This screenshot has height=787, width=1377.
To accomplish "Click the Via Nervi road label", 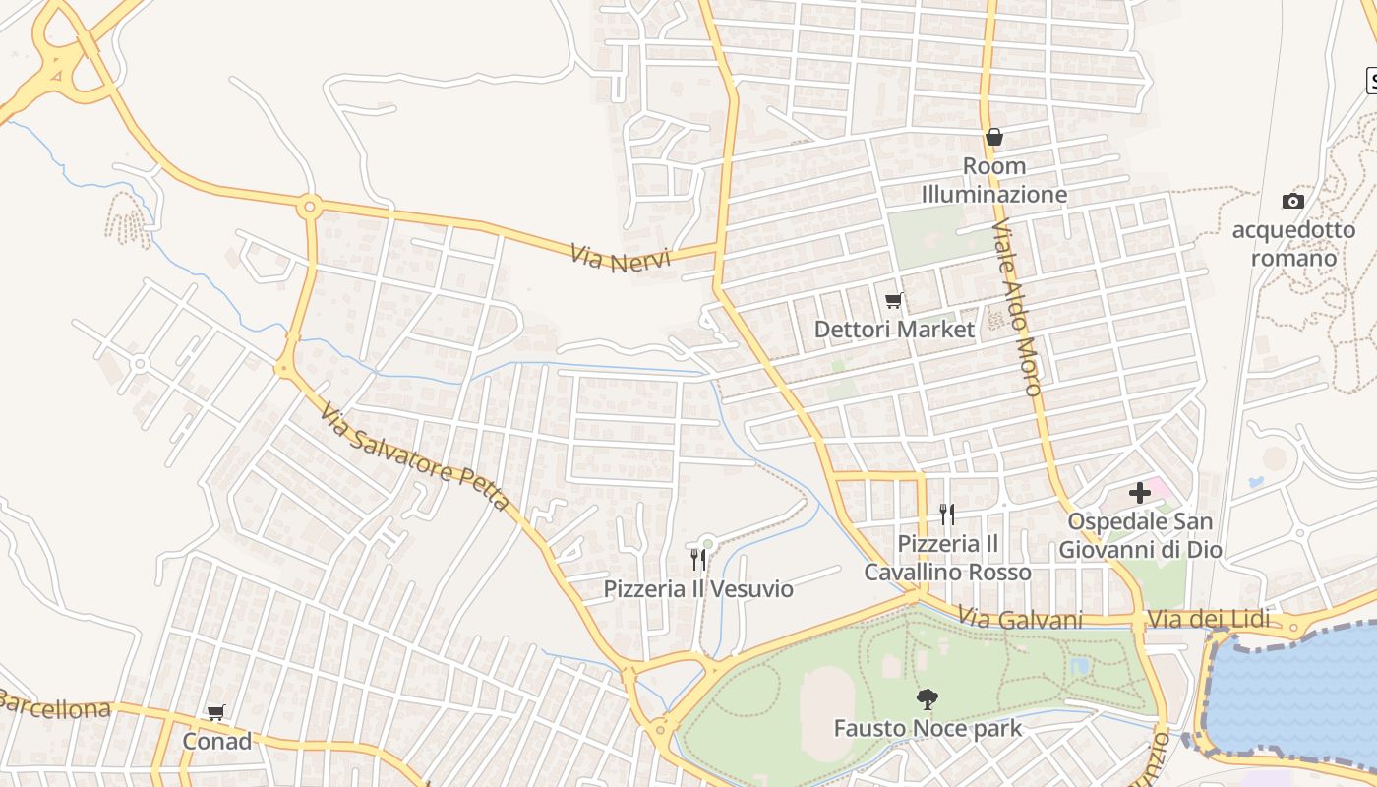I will click(x=620, y=259).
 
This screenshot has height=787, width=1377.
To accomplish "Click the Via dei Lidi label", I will click(x=1209, y=620).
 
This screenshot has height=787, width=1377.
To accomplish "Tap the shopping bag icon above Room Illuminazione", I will click(x=994, y=137).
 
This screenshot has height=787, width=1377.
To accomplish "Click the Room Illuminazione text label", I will click(x=993, y=180).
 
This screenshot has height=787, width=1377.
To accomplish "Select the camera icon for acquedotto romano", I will click(x=1293, y=201).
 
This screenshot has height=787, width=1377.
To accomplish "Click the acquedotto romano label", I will click(x=1293, y=245).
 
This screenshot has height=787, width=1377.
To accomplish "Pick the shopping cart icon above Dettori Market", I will click(x=894, y=300).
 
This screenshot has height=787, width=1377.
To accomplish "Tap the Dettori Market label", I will click(x=894, y=330).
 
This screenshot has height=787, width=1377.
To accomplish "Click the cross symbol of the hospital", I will click(x=1140, y=492).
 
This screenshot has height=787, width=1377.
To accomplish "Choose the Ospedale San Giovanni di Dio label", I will click(x=1140, y=535).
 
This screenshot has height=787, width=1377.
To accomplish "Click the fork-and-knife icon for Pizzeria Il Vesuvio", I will click(x=698, y=560).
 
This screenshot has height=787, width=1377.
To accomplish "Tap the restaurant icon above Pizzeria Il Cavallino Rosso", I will click(x=947, y=514).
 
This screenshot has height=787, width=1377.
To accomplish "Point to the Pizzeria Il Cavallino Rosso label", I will click(x=948, y=558).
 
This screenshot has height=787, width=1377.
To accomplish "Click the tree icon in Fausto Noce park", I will click(x=927, y=699).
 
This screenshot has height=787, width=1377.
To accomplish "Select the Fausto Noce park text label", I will click(x=928, y=729).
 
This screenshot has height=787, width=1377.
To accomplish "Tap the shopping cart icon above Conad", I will click(x=216, y=712).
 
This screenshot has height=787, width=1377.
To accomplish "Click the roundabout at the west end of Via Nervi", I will click(x=311, y=207).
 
